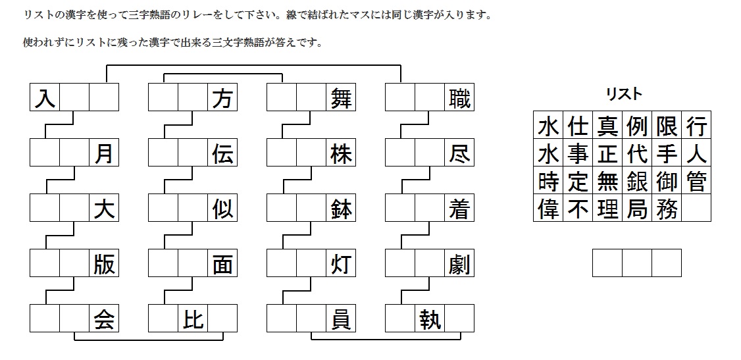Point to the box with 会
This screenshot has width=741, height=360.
point(104,319)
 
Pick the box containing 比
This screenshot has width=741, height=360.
point(193,319)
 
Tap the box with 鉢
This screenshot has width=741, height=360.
point(341,209)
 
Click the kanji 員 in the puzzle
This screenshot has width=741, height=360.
point(341,319)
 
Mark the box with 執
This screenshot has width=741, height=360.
point(430,319)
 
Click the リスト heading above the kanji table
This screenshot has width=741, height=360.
point(623,94)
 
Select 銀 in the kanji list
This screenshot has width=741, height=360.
point(637,181)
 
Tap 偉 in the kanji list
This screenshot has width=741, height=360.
point(548,209)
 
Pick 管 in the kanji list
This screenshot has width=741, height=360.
point(696,181)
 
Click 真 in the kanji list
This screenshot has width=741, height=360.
point(607,125)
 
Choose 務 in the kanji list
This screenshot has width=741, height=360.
point(667,209)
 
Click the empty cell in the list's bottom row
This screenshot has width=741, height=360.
point(696,209)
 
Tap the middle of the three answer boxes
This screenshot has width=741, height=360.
point(637,263)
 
